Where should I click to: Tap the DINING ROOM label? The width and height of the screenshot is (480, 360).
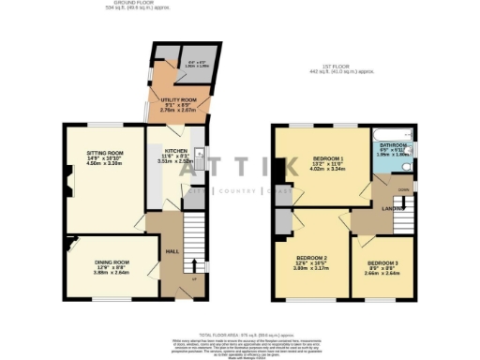pos(111,262)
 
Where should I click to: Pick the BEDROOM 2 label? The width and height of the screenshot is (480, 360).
pos(311,257)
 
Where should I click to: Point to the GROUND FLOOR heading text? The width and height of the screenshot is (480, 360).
pos(132,4)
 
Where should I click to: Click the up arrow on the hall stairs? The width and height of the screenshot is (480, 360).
pos(196,265)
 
